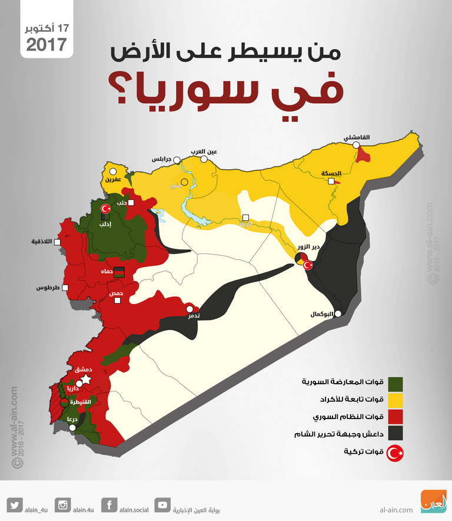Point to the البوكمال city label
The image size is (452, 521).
tap(323, 314)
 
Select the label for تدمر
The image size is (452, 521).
tap(192, 316)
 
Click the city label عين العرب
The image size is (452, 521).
tap(203, 151)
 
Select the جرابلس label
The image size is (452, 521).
tap(161, 159)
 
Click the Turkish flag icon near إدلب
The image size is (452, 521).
tap(106, 209)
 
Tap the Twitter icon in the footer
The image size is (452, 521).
tap(16, 505)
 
